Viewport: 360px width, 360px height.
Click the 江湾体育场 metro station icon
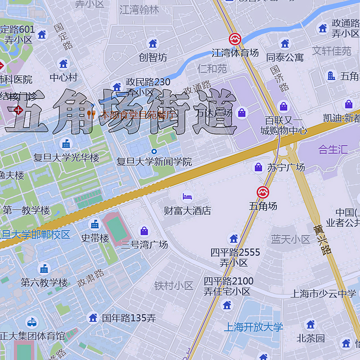[x=234, y=39]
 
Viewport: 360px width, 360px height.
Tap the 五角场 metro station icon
[x=263, y=192]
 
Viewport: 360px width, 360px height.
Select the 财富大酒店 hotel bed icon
[x=187, y=196]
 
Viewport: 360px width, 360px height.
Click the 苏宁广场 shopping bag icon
[x=258, y=167]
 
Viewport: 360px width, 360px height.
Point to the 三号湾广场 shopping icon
[x=144, y=231]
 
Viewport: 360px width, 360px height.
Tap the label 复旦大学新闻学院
[x=154, y=162]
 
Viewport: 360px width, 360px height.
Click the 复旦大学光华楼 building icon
[x=66, y=144]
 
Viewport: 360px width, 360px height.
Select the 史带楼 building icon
[x=95, y=224]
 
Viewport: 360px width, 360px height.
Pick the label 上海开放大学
[x=253, y=327]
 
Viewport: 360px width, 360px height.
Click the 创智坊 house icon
[x=153, y=44]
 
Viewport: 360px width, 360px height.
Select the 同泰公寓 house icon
[x=285, y=44]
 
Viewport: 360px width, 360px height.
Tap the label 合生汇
[x=333, y=149]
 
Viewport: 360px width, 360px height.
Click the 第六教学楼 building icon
[x=44, y=269]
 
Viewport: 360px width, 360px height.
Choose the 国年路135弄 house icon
[x=93, y=318]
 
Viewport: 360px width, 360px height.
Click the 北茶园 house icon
[x=310, y=324]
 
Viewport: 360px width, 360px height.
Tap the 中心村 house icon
[x=63, y=63]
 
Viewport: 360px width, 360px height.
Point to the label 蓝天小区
[x=291, y=239]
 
